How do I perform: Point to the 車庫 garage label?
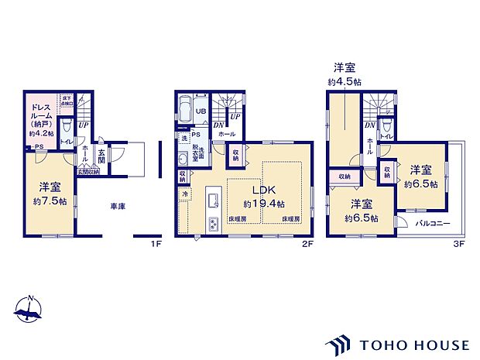tap(118, 207)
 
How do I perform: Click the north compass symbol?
tap(28, 310)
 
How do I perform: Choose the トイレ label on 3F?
tap(386, 136)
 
